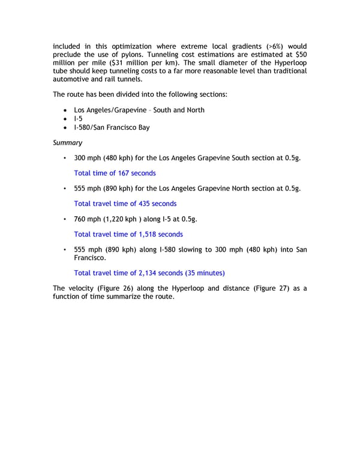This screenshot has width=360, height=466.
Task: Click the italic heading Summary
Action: point(67,143)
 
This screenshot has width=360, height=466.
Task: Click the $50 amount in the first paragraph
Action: point(299,54)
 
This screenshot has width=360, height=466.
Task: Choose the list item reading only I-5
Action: point(78,119)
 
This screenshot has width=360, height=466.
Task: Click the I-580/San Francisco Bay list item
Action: point(112,127)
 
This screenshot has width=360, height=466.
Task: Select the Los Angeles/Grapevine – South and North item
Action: point(139,110)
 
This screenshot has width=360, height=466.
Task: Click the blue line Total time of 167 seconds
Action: point(115,173)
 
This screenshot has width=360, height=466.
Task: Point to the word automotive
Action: point(74,79)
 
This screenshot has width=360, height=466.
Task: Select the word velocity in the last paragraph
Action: point(82,288)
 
